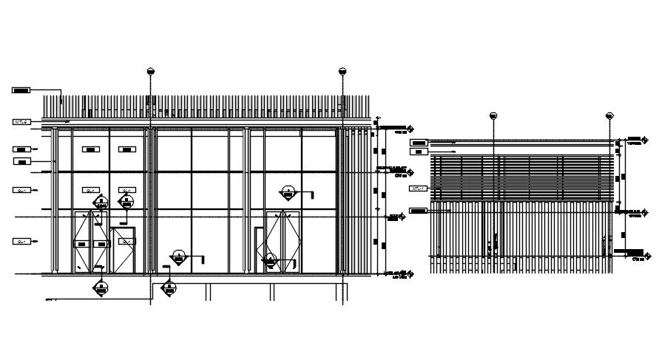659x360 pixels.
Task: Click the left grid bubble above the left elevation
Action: click(151, 72)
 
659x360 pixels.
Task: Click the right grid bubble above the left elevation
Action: click(342, 72)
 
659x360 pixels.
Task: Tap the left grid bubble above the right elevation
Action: click(493, 116)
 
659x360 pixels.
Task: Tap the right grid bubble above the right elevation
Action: click(610, 116)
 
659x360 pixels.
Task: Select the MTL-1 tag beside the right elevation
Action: click(418, 189)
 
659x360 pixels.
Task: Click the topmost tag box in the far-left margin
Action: click(21, 90)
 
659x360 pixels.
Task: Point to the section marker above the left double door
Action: click(98, 201)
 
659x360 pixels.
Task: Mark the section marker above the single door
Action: click(126, 201)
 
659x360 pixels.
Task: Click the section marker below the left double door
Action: click(99, 288)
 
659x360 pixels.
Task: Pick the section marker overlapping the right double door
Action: click(271, 260)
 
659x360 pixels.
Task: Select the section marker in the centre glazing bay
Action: click(178, 257)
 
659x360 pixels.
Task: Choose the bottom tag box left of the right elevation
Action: click(418, 211)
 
